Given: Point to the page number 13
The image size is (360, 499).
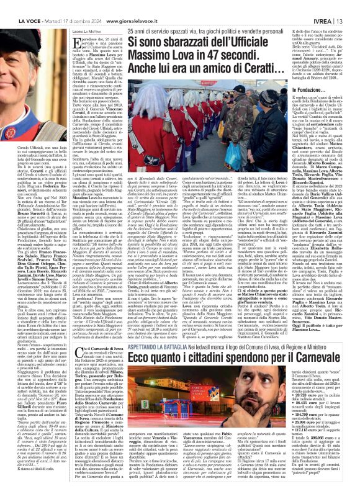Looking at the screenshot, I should coord(352,8).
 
